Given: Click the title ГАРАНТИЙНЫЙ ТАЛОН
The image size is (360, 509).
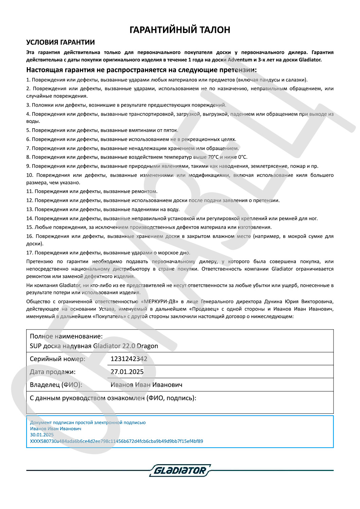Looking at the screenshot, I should click(x=180, y=30).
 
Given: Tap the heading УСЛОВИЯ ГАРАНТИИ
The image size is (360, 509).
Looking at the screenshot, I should click(x=60, y=42).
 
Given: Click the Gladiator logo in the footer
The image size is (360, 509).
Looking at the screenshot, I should click(x=180, y=470).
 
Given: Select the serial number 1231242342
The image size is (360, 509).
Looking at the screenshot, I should click(x=129, y=359).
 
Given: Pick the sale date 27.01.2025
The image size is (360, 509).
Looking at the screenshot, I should click(x=127, y=372).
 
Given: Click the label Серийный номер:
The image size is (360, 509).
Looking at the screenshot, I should click(x=57, y=359).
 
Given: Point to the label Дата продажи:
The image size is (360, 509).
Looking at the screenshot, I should click(x=53, y=372).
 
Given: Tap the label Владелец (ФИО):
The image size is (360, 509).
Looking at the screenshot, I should click(x=56, y=385).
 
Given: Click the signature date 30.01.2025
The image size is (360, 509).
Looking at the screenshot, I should click(x=42, y=435).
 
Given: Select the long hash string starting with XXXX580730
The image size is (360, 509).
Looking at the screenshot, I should click(x=116, y=441).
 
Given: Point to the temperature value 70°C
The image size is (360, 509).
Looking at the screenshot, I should click(x=213, y=157).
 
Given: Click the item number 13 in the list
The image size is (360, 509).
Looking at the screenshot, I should click(x=30, y=209).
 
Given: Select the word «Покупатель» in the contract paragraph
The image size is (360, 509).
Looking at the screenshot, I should click(x=107, y=316).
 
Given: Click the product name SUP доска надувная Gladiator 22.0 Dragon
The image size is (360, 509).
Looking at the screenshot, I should click(x=94, y=346).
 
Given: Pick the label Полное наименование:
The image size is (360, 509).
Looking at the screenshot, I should click(x=66, y=336).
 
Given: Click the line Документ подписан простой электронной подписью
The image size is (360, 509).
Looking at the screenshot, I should click(x=88, y=422).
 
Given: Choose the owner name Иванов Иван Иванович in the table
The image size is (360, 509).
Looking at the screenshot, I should click(x=146, y=385).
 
